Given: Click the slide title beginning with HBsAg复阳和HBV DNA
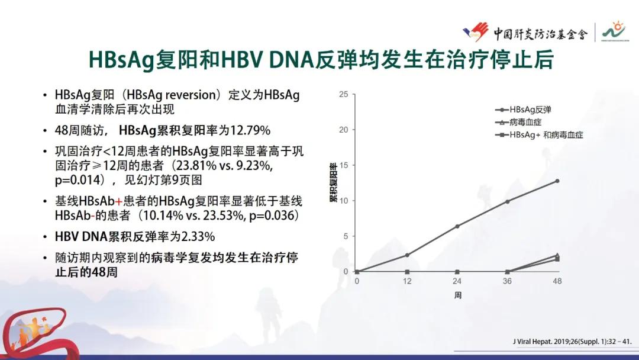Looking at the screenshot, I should [319, 60].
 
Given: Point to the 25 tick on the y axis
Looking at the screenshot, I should [343, 94].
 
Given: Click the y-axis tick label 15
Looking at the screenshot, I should [343, 165].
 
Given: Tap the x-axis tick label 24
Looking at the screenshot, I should [457, 281].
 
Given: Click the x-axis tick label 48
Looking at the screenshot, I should [557, 281].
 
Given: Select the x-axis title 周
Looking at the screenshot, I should [457, 294].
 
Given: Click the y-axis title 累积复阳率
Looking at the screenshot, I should [333, 182].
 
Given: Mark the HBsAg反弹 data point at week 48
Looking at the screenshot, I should [557, 181].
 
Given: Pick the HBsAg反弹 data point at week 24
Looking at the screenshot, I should [457, 226].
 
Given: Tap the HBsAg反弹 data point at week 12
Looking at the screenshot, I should [407, 255].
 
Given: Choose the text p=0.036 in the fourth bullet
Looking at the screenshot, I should [266, 215].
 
